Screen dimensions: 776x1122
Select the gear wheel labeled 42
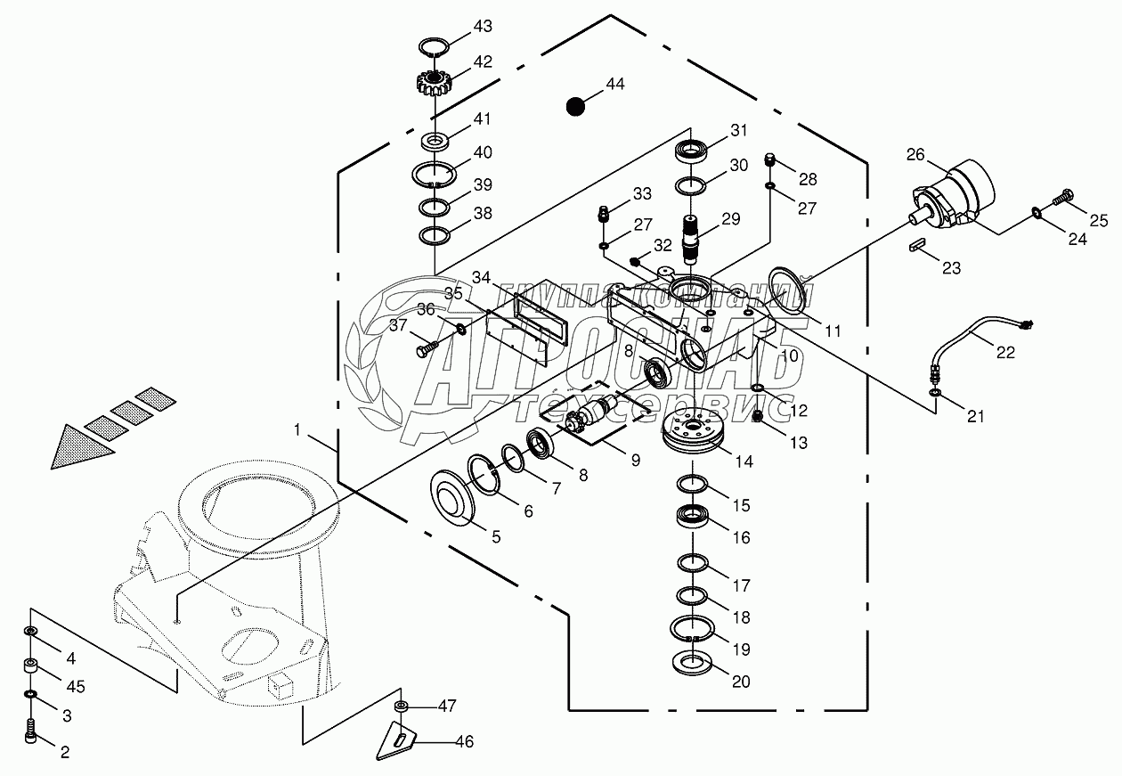coord(435,86)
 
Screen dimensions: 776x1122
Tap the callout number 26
coord(915,155)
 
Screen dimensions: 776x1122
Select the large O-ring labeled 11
coord(787,289)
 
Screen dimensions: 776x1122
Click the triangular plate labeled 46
coord(401,735)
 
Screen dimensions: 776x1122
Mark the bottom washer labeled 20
coord(691,665)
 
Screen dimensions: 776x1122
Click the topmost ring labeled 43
coord(435,45)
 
